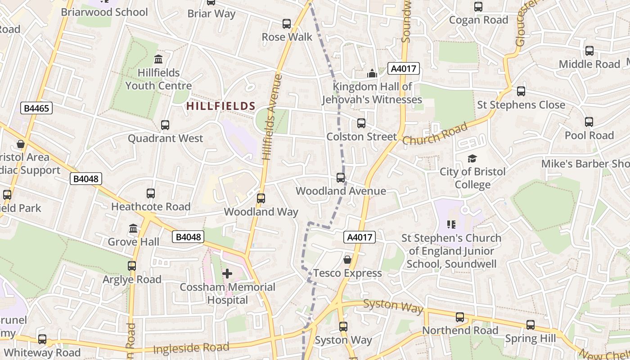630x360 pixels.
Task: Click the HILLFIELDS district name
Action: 221,106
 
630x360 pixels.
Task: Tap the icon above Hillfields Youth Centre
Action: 158,59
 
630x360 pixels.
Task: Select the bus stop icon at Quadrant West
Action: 165,125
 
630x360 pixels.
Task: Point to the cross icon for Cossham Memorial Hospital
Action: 227,274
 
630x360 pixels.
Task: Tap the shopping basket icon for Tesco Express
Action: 347,260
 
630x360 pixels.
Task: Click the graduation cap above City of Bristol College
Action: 472,158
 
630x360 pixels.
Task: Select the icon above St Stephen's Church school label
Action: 451,224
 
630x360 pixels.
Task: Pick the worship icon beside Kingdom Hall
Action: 372,73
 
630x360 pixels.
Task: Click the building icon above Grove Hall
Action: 133,229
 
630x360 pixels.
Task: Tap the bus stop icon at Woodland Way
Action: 261,198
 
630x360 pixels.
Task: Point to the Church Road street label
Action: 435,134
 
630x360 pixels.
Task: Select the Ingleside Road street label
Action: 191,348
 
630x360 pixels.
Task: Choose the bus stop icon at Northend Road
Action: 460,317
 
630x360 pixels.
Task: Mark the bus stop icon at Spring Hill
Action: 531,325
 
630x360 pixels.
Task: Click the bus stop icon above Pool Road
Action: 589,122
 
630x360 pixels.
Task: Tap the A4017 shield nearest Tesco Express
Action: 359,237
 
